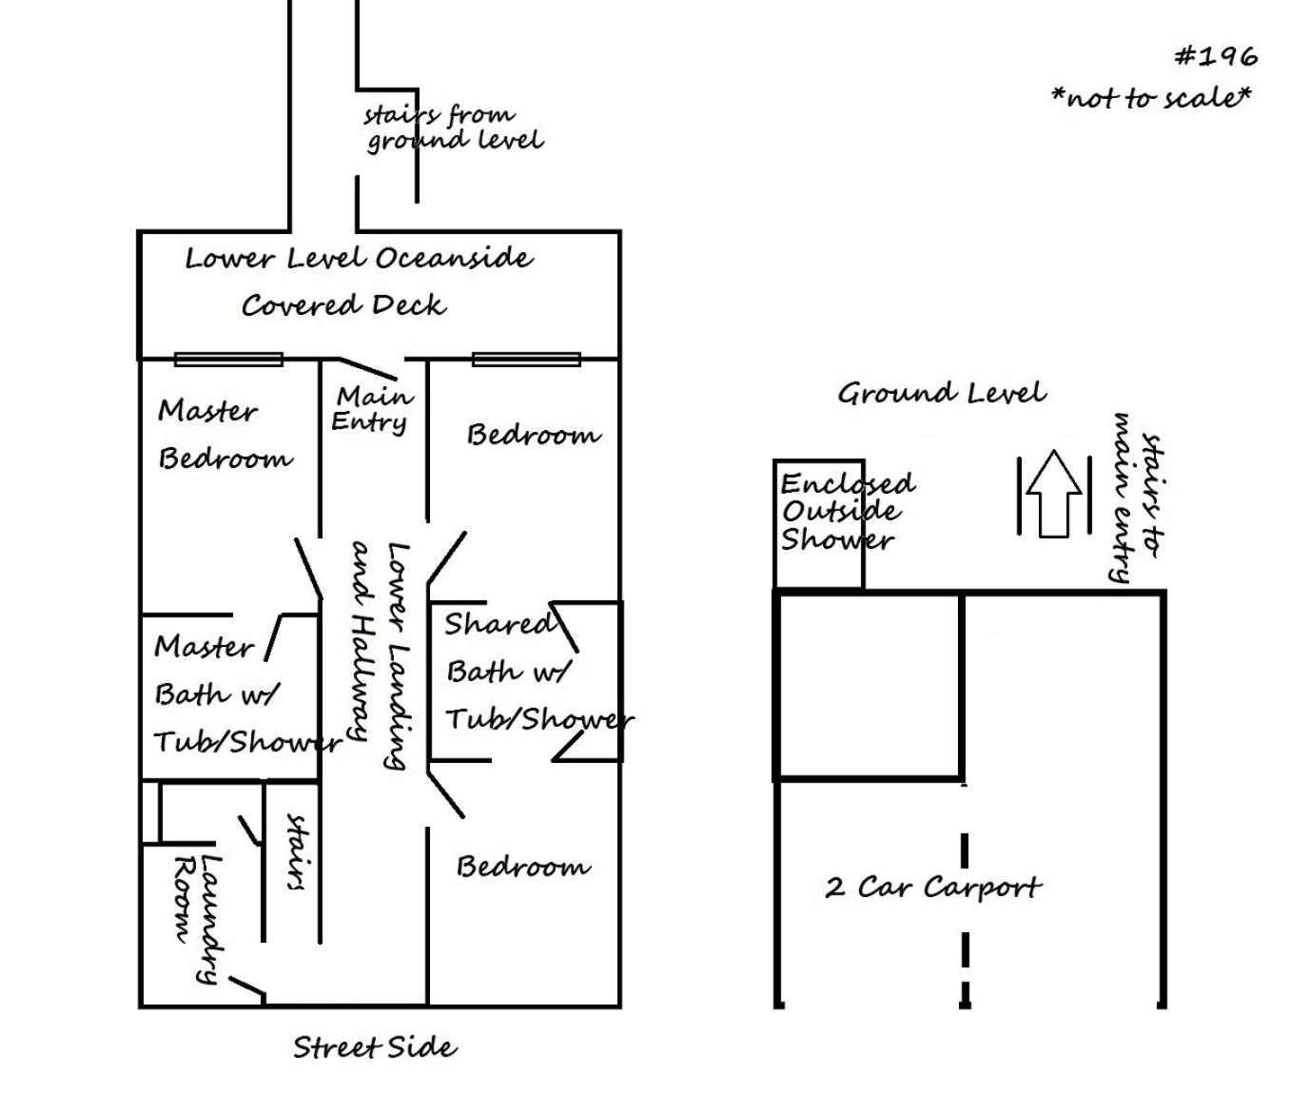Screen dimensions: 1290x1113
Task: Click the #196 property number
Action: pos(1217,57)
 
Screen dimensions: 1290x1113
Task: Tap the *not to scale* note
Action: pos(1151,97)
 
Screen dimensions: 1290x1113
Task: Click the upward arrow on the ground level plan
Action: pos(1054,493)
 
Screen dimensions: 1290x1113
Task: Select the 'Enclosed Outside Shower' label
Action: pos(847,512)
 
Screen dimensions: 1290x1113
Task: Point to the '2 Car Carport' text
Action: pos(933,888)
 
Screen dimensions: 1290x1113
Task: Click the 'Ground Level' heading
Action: pos(942,393)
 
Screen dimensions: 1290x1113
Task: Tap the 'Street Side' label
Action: pos(375,1048)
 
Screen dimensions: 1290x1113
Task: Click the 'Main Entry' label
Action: pos(372,409)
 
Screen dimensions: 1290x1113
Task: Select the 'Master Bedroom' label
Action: pos(225,435)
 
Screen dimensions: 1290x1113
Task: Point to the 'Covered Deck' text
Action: pos(343,306)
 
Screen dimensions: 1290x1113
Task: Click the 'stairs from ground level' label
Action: pos(454,128)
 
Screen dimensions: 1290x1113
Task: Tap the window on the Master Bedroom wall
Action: pos(228,359)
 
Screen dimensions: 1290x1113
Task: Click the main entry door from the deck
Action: pos(367,368)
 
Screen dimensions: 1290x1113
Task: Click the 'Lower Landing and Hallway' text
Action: pos(381,655)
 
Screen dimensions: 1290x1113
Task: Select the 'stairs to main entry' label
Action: pos(1137,498)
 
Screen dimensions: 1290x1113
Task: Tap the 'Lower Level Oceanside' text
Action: pos(360,259)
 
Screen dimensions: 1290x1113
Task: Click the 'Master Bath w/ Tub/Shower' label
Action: pos(247,694)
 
